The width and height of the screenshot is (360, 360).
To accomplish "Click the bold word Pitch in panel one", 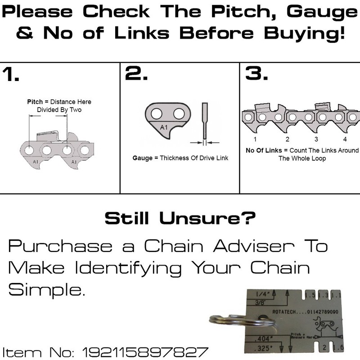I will [35, 102].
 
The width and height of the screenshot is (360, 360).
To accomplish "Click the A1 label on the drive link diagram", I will [164, 128].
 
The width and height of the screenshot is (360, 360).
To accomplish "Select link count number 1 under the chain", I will [255, 139].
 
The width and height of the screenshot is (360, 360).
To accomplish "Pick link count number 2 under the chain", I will [287, 139].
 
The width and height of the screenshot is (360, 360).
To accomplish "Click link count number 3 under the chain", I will [316, 139].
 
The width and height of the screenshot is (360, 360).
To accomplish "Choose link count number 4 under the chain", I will [345, 139].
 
